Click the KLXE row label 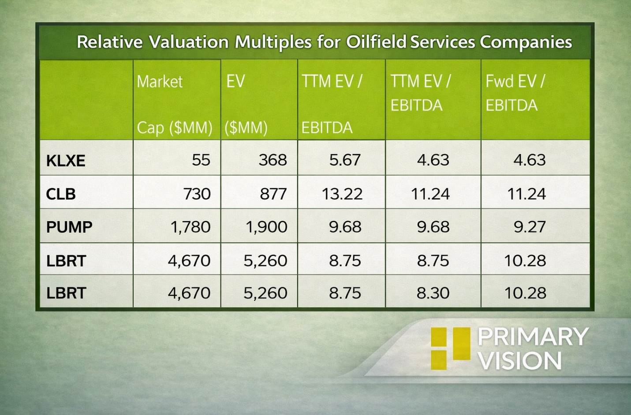tap(66, 161)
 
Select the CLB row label tap(61, 194)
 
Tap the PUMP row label tap(69, 227)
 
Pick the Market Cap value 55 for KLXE tap(201, 159)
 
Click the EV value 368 tap(273, 159)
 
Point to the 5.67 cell tap(345, 159)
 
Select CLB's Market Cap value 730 tap(197, 194)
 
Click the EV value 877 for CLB tap(273, 194)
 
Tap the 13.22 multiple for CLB tap(342, 194)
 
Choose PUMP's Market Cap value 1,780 tap(190, 227)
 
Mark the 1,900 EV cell tap(266, 227)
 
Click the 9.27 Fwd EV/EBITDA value tap(530, 227)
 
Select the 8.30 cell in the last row tap(433, 293)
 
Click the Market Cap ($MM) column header tap(175, 104)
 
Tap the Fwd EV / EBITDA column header tap(515, 93)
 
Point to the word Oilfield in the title tap(376, 42)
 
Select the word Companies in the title tap(526, 42)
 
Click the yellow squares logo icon tap(450, 348)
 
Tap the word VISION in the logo tap(520, 361)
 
